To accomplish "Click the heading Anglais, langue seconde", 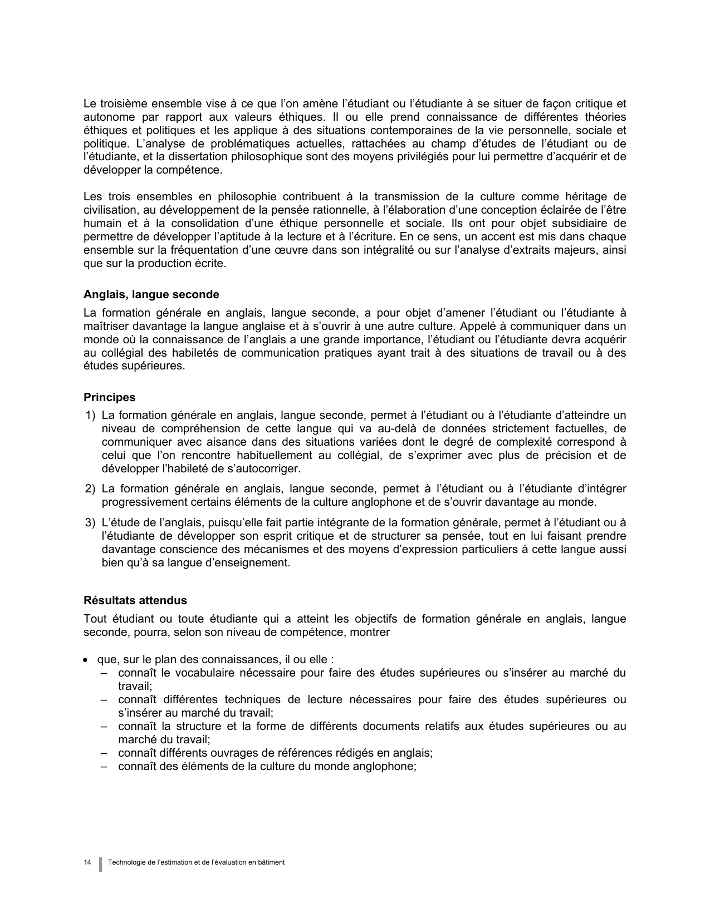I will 151,295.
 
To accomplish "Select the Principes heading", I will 109,398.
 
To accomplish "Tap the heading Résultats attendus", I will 135,601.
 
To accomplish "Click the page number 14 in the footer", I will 87,862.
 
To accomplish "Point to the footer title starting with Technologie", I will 197,862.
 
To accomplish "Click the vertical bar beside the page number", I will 101,863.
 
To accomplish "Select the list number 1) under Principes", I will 90,416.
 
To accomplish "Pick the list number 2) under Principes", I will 90,489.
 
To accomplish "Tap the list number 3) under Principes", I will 90,523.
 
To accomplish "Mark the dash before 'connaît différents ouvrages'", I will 104,753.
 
